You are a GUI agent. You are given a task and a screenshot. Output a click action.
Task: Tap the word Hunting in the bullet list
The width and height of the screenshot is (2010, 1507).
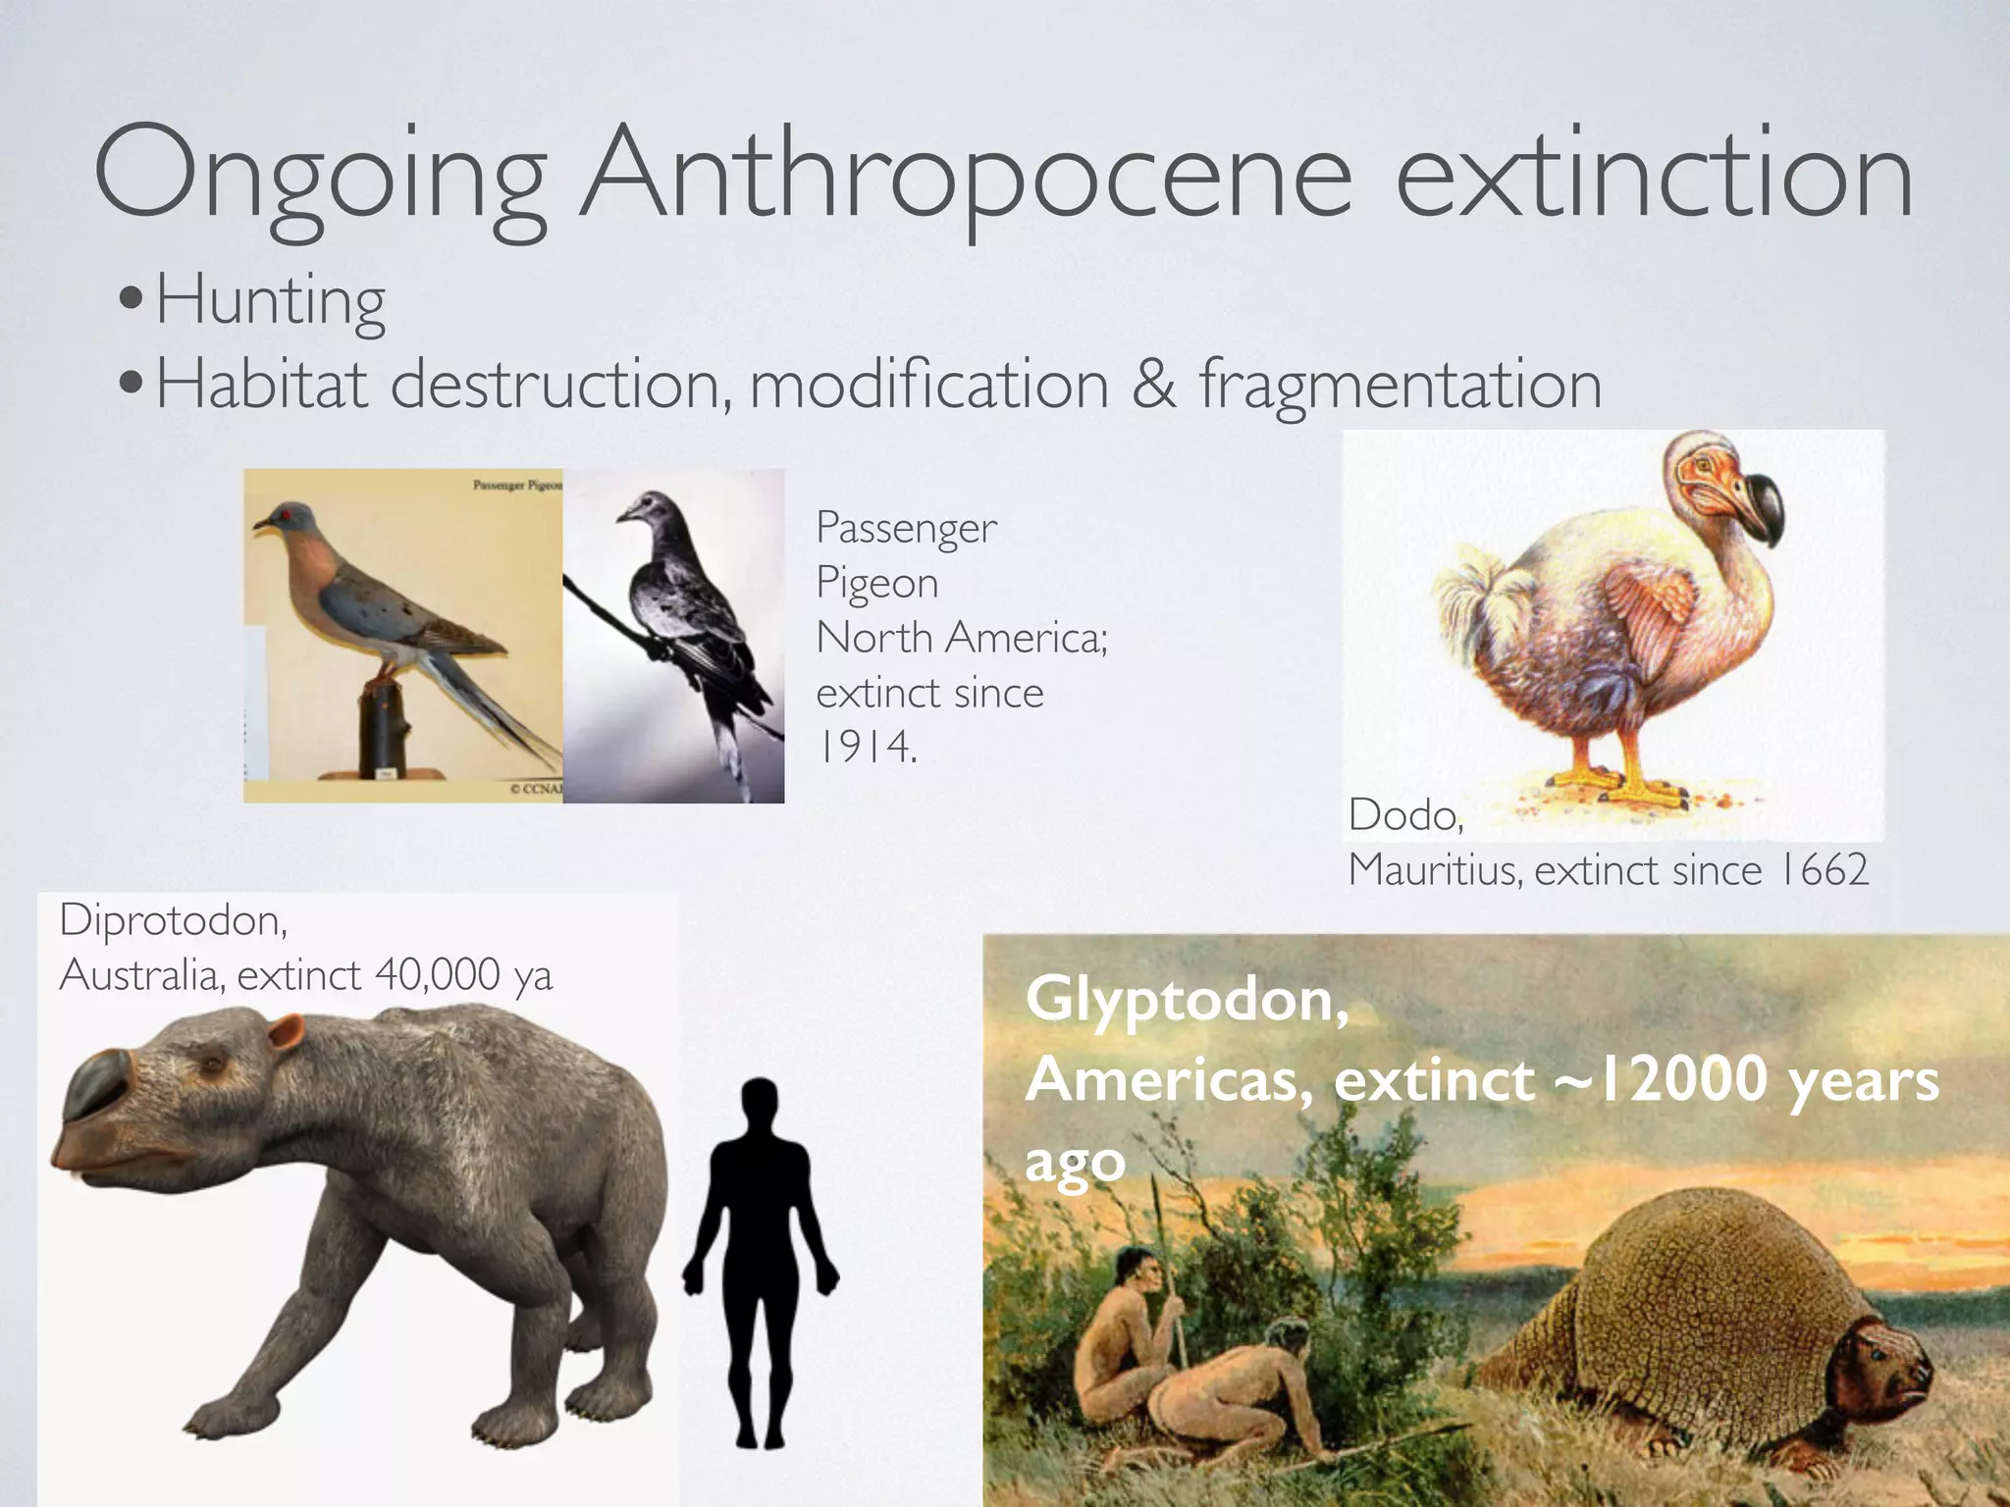point(271,300)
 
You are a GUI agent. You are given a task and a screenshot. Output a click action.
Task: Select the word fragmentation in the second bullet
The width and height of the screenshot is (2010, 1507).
point(1401,384)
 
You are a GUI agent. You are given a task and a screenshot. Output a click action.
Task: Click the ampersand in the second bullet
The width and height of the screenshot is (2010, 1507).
point(1154,384)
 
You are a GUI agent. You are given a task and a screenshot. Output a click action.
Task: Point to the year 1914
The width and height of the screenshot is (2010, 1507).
point(867,748)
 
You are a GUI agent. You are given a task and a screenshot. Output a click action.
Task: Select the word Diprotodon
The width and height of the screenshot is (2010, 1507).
point(173,920)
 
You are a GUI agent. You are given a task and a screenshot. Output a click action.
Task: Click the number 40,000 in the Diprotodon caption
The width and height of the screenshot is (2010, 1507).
point(438,975)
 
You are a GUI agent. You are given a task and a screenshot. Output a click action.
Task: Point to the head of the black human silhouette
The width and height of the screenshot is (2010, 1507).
point(760,1104)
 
